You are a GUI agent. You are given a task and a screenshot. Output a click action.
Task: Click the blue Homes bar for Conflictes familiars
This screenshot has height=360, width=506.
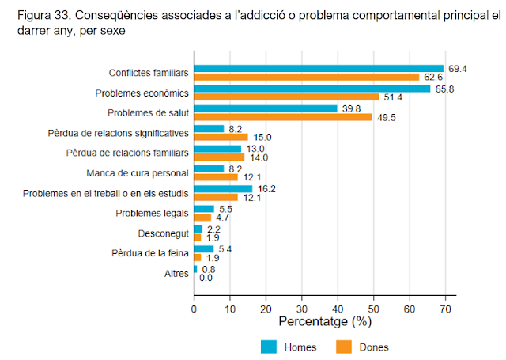click(x=319, y=69)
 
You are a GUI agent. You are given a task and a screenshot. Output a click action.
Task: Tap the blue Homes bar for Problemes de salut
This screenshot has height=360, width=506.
click(x=266, y=108)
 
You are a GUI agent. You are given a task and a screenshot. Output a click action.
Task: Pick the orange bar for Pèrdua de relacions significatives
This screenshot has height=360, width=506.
click(x=221, y=137)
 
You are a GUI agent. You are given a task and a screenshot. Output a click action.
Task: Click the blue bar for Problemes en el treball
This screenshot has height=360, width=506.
click(x=223, y=188)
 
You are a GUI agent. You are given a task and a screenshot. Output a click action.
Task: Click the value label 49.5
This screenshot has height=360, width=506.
click(x=384, y=117)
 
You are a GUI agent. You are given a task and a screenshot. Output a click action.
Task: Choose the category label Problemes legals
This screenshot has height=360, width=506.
click(x=152, y=213)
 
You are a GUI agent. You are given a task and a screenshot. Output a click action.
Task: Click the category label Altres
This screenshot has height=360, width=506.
click(x=176, y=274)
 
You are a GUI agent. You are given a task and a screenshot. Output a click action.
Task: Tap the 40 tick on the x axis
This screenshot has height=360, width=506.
click(x=338, y=309)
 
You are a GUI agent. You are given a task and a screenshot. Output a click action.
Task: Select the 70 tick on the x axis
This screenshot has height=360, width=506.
click(x=445, y=309)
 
